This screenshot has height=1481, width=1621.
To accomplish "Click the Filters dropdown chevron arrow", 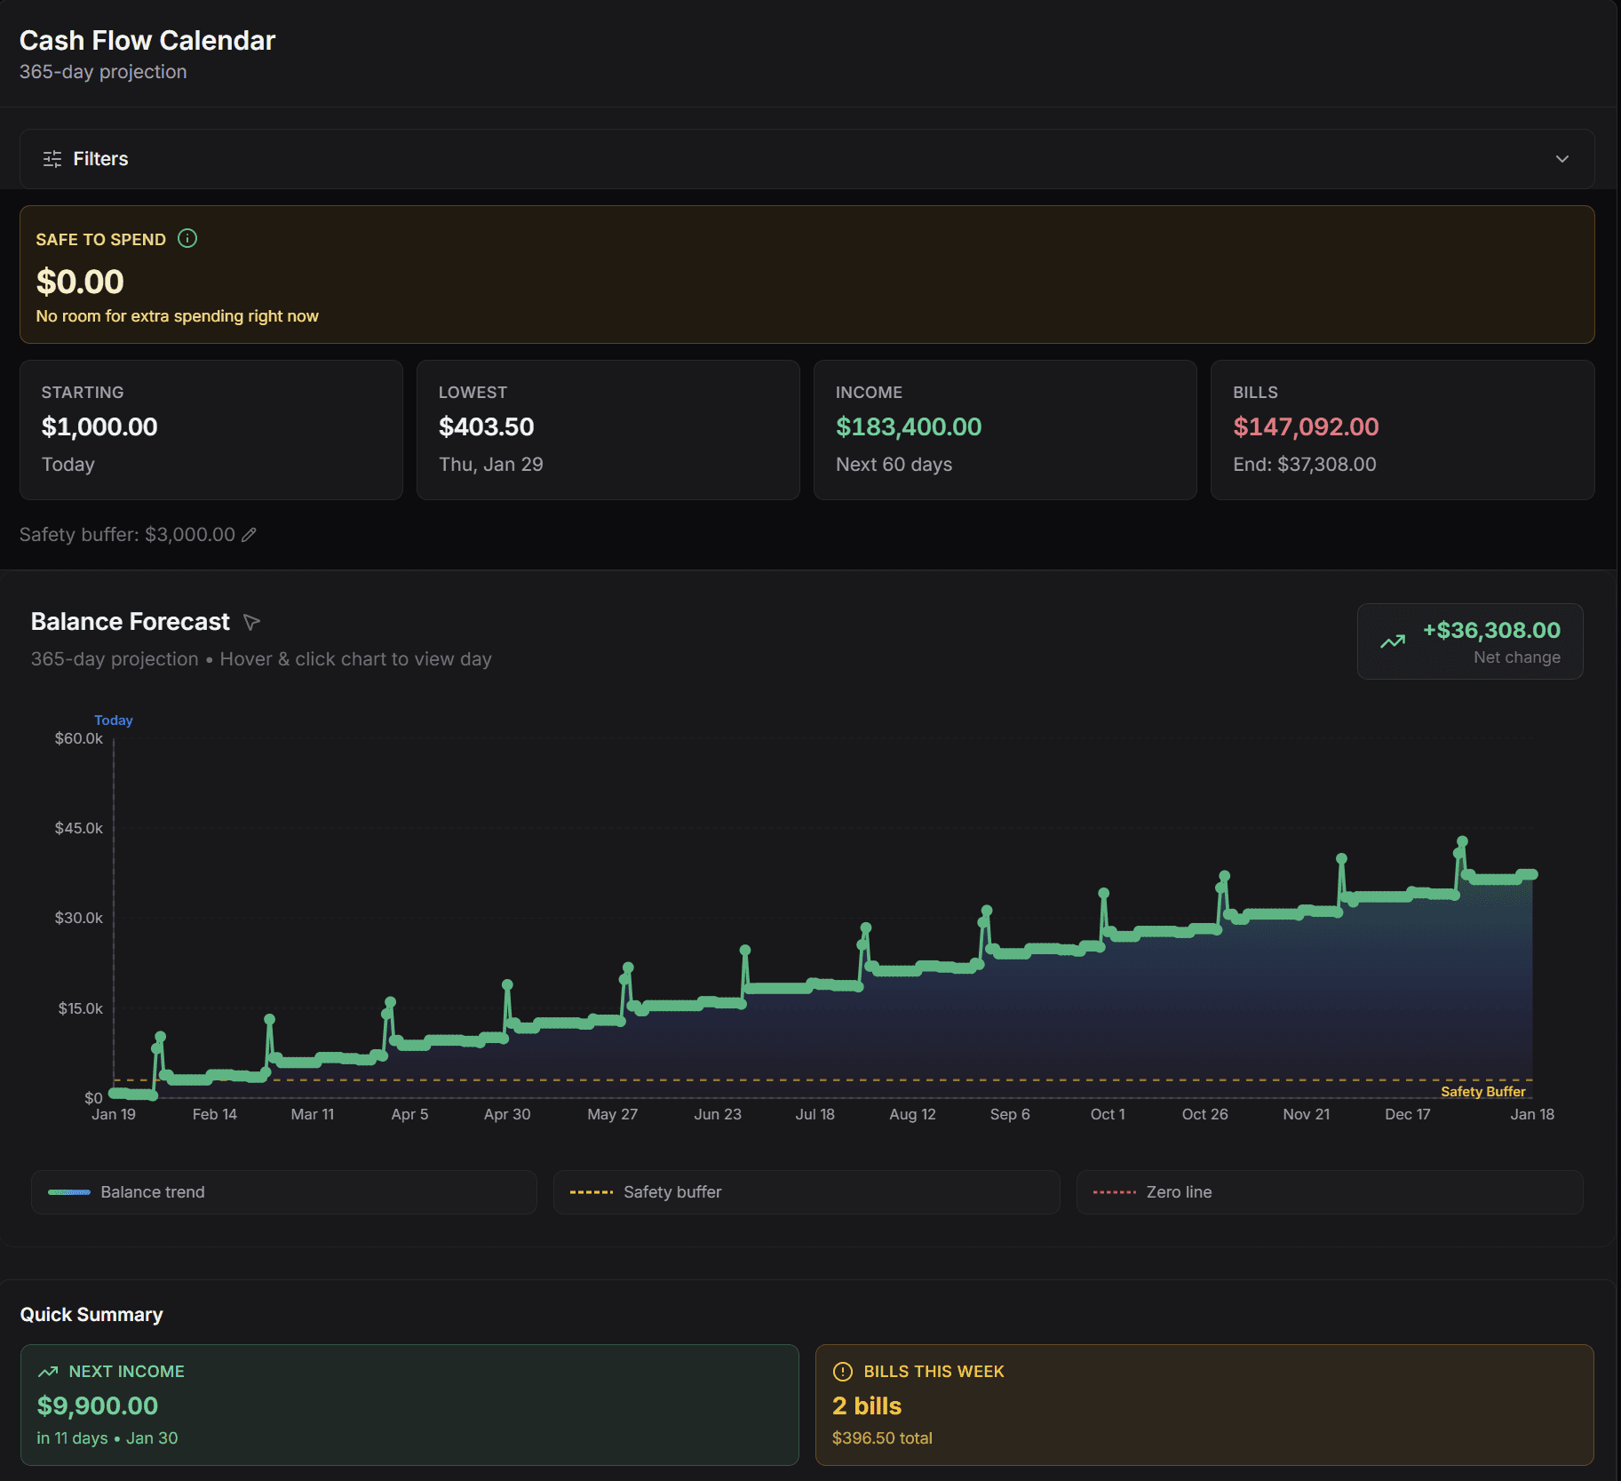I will [x=1561, y=159].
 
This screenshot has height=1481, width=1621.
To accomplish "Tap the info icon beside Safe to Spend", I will [x=187, y=238].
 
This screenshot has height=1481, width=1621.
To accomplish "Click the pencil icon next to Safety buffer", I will [x=250, y=534].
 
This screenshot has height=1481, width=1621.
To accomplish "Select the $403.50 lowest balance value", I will [x=486, y=427].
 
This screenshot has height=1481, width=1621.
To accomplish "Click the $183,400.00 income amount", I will [x=908, y=427].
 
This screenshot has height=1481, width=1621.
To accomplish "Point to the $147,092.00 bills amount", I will [x=1305, y=427].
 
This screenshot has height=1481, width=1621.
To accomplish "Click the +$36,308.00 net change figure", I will [x=1490, y=631].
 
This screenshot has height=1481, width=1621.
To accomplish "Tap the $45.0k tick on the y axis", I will [x=79, y=828].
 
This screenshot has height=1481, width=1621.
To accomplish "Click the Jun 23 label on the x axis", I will [x=717, y=1114].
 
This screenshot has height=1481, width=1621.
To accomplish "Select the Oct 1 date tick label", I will [x=1107, y=1114].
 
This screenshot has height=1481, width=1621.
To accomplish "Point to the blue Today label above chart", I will [x=114, y=721].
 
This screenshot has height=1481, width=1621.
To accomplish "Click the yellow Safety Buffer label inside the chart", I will [x=1482, y=1092].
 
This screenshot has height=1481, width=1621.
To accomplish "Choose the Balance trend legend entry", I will [x=152, y=1192].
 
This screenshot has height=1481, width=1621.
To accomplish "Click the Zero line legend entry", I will [x=1179, y=1192].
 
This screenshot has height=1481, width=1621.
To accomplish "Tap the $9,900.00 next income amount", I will [x=98, y=1405].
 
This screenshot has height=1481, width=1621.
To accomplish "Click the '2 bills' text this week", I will [x=866, y=1405].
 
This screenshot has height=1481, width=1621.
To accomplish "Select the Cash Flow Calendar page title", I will [x=147, y=41].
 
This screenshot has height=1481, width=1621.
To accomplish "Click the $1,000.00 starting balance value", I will [x=99, y=427].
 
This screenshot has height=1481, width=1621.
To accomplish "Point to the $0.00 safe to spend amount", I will [x=80, y=283].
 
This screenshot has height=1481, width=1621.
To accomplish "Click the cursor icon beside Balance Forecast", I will [x=251, y=622].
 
